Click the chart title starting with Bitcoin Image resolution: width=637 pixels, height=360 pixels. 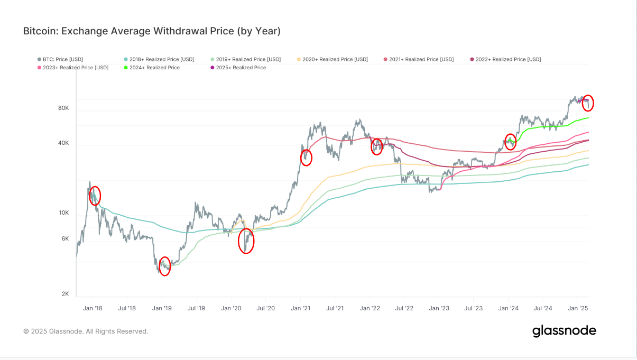click(x=151, y=31)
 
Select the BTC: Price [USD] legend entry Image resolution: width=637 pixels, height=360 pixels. click(x=60, y=59)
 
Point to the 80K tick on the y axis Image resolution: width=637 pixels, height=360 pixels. click(x=63, y=108)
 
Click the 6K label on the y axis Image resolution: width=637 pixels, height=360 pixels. click(x=65, y=238)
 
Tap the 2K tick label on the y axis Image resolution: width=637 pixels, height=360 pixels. click(x=65, y=293)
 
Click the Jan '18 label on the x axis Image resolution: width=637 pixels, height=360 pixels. click(x=93, y=308)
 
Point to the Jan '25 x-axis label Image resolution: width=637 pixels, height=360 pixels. click(x=577, y=308)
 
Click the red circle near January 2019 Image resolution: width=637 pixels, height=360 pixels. click(x=164, y=267)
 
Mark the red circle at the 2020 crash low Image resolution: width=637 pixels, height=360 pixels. click(x=246, y=241)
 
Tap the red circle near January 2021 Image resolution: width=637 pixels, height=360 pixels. click(x=306, y=158)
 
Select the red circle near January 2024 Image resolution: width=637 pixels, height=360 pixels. click(x=510, y=142)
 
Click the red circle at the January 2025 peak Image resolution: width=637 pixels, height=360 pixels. click(x=588, y=103)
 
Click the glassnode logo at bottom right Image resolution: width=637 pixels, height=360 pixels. click(x=564, y=331)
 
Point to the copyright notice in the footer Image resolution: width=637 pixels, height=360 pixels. click(x=86, y=331)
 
